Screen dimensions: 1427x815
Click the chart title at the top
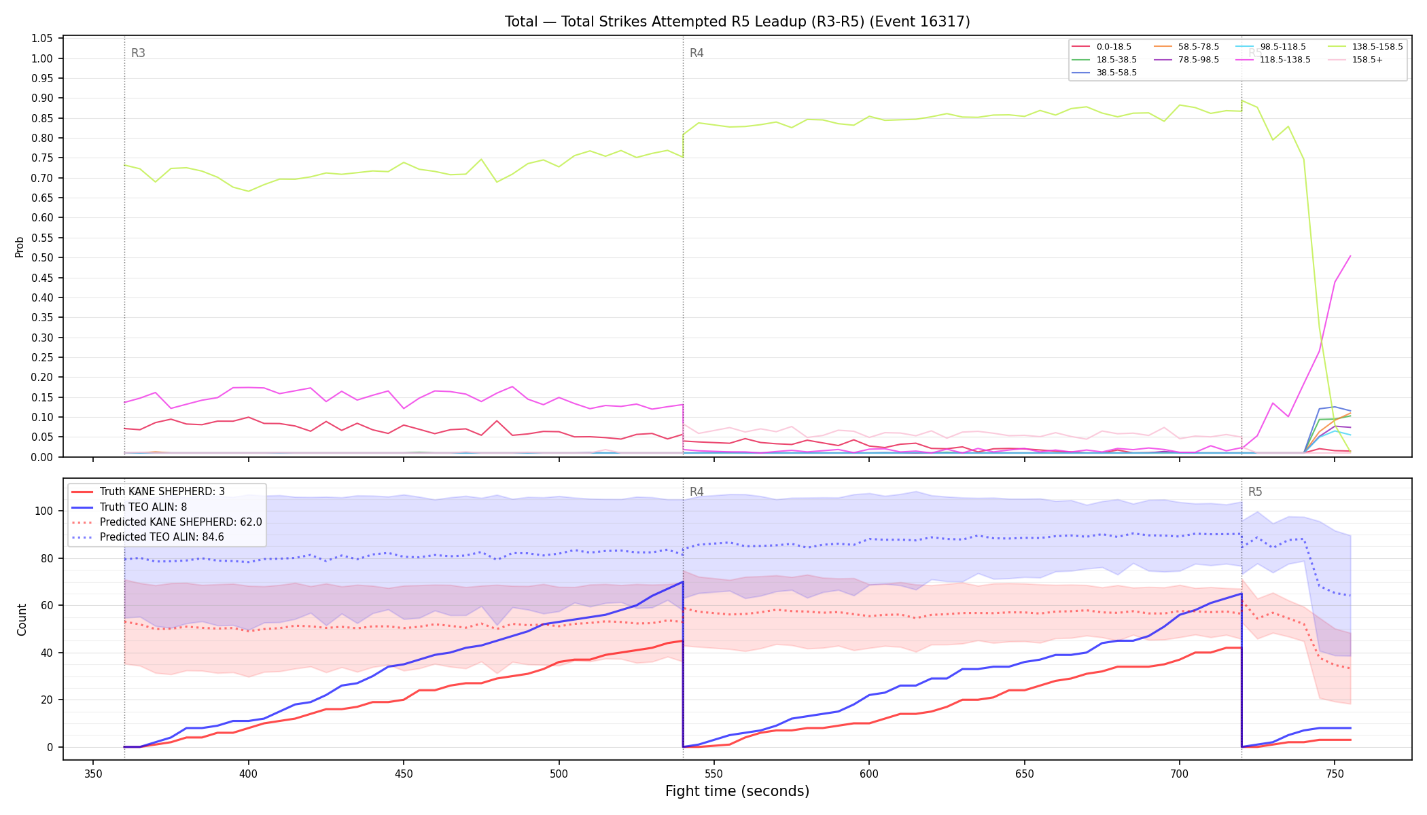[x=737, y=22]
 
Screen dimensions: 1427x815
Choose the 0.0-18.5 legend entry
[x=1102, y=47]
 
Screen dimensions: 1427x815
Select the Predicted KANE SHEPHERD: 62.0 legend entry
[x=166, y=522]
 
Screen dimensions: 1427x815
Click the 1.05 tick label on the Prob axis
[x=42, y=38]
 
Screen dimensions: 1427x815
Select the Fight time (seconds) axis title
[x=737, y=791]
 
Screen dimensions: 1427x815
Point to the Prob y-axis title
[x=20, y=247]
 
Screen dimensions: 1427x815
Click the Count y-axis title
[x=22, y=619]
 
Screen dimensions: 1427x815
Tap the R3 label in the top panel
[x=138, y=53]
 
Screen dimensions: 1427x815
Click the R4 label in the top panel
[x=697, y=53]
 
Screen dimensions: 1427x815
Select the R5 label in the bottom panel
[x=1255, y=492]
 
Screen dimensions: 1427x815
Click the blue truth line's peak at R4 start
[x=683, y=581]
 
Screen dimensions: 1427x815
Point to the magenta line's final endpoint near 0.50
[x=1350, y=256]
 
